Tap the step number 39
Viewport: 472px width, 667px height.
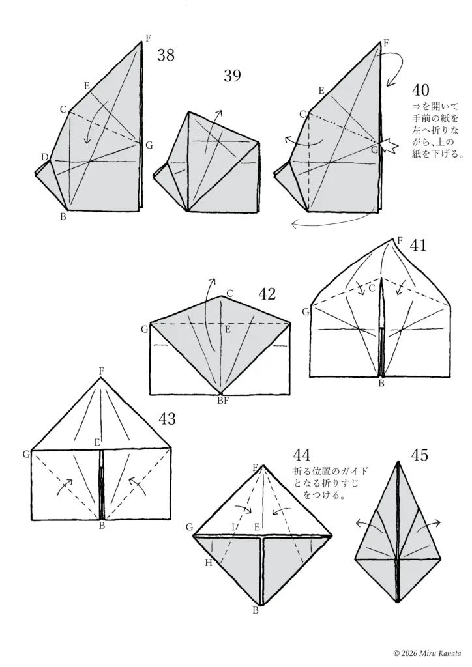[232, 76]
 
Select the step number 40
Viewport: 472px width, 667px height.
[420, 89]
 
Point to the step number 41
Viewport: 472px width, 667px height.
[419, 246]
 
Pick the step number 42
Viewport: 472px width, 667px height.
[267, 294]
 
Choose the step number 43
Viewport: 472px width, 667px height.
[168, 419]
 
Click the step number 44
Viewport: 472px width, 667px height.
[302, 455]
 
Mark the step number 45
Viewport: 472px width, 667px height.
[420, 455]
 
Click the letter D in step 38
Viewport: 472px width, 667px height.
[44, 157]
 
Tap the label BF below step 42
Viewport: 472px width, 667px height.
[222, 401]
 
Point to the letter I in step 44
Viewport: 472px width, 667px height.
[233, 526]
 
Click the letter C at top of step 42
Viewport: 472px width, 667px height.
[229, 292]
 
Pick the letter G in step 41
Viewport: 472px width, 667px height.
[305, 313]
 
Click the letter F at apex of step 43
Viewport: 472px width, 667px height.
[101, 371]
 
